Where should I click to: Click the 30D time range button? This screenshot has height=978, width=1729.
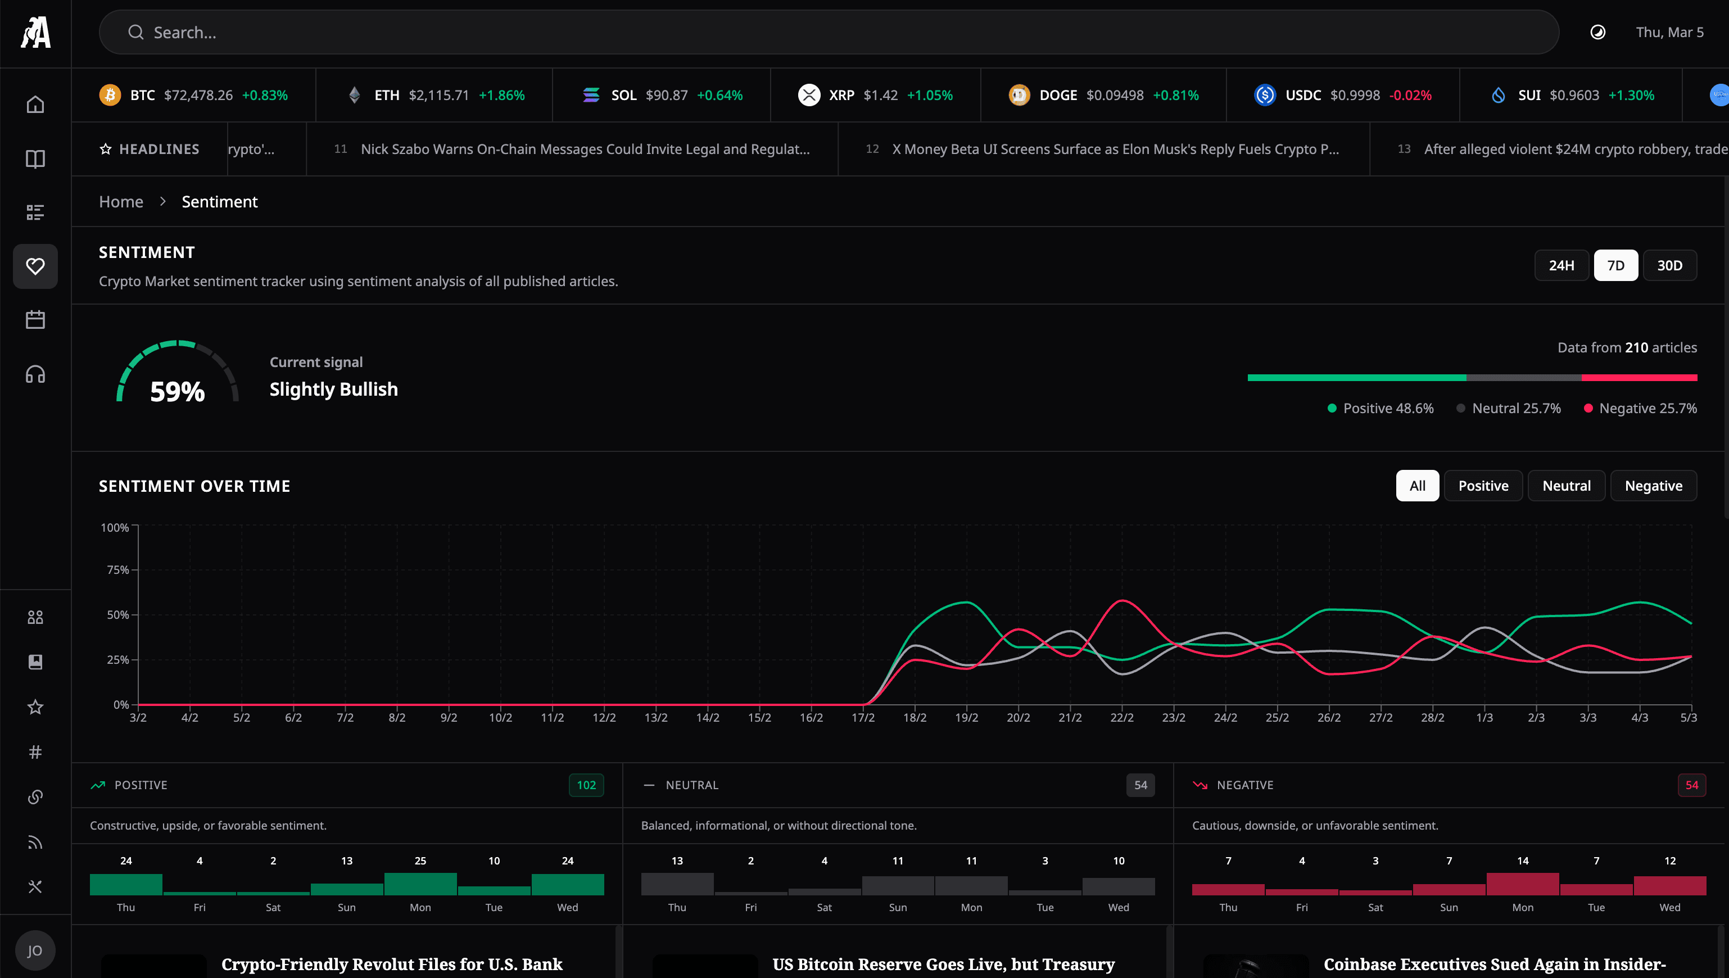coord(1669,265)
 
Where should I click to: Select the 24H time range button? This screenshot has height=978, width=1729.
coord(1561,265)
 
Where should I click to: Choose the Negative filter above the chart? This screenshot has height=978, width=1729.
coord(1653,486)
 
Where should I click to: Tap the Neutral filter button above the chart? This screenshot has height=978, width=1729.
coord(1566,486)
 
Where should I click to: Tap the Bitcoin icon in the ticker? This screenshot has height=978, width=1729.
coord(110,95)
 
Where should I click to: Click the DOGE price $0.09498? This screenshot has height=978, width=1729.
coord(1115,95)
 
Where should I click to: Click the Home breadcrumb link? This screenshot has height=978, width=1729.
coord(121,202)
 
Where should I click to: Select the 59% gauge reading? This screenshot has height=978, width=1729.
coord(177,391)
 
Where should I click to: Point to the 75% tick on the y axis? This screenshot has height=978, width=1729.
coord(118,569)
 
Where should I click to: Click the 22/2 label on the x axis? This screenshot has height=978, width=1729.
coord(1122,717)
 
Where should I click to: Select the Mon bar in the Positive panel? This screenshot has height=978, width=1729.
coord(420,884)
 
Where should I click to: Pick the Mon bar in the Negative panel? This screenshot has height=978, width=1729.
coord(1522,884)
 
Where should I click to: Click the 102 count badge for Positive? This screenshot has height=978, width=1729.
coord(586,785)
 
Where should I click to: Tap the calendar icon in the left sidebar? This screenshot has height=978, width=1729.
coord(35,320)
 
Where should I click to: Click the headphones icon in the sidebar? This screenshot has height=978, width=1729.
coord(35,374)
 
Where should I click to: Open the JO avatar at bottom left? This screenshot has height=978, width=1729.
coord(35,950)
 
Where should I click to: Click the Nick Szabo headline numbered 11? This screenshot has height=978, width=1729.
coord(585,149)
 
